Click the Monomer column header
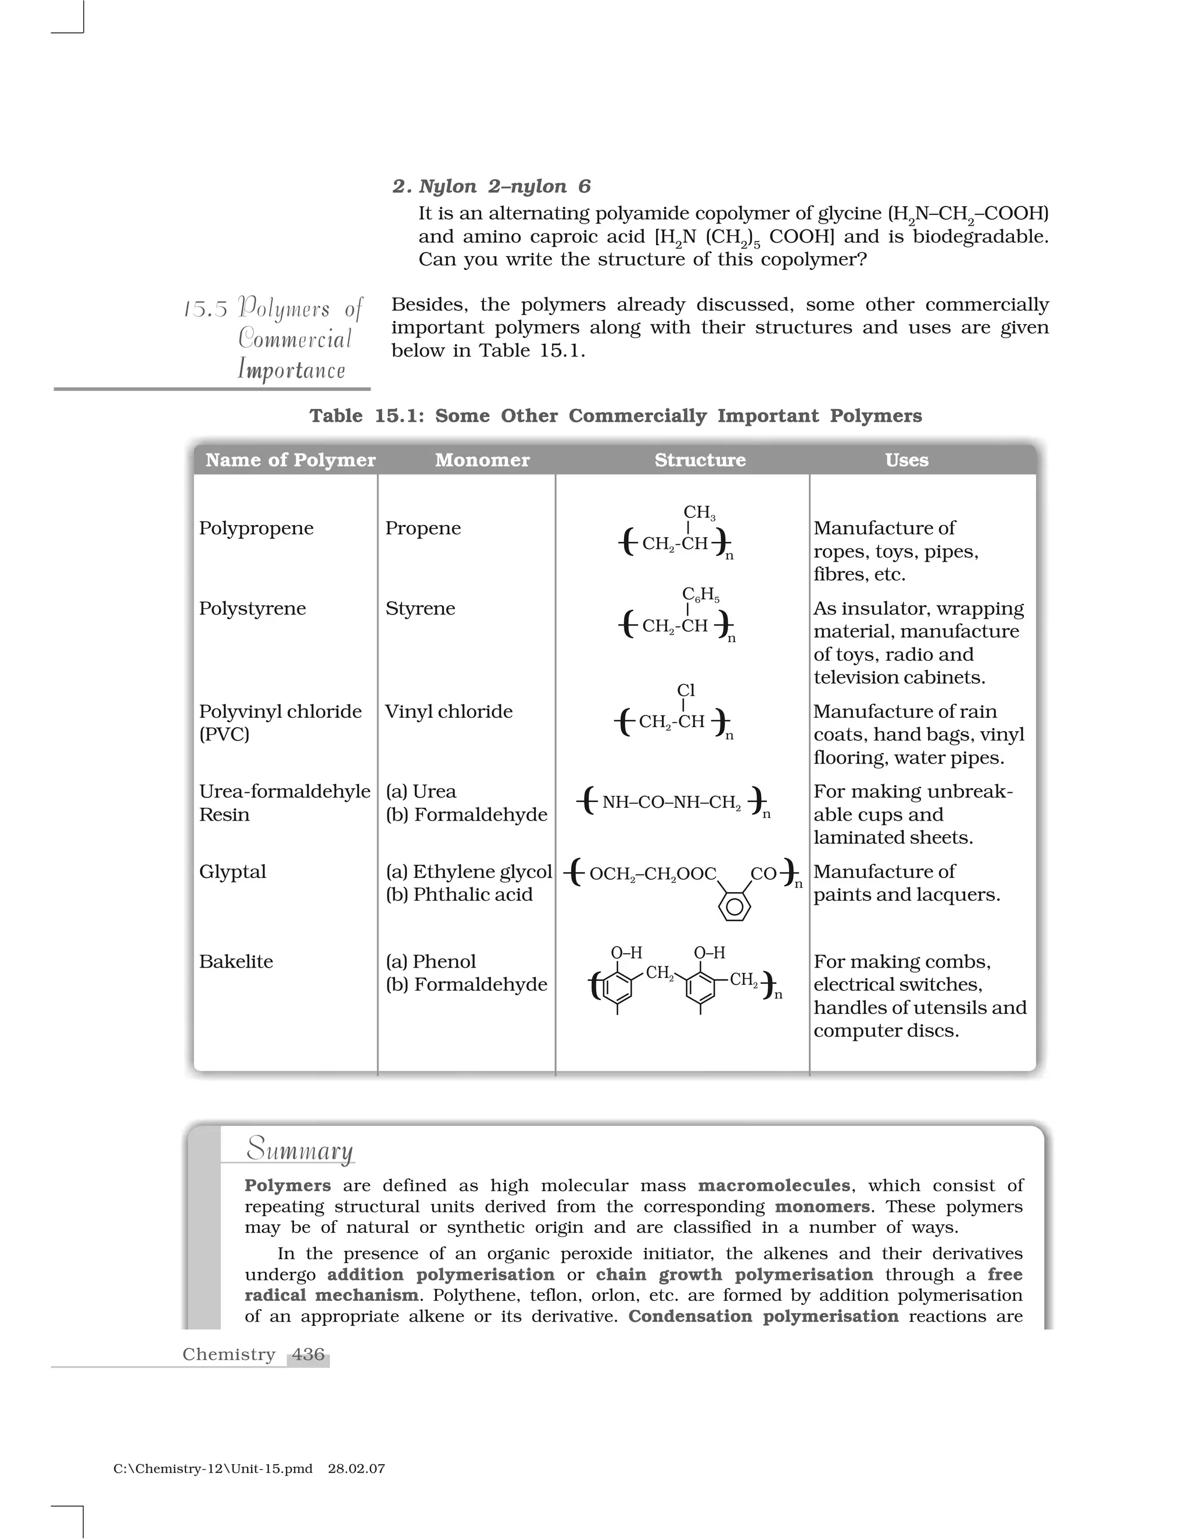pos(482,460)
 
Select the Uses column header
pos(906,460)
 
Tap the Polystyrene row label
pos(252,608)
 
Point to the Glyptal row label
pos(232,872)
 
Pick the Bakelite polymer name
pos(235,961)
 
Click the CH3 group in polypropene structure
pos(698,513)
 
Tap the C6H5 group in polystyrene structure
pos(700,595)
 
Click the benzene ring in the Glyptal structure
pos(734,905)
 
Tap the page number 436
pos(308,1354)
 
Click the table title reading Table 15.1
pos(615,416)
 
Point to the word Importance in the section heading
pos(291,370)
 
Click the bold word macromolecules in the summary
pos(774,1186)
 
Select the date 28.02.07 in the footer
pos(356,1469)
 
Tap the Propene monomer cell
pos(422,528)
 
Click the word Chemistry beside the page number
pos(228,1354)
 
